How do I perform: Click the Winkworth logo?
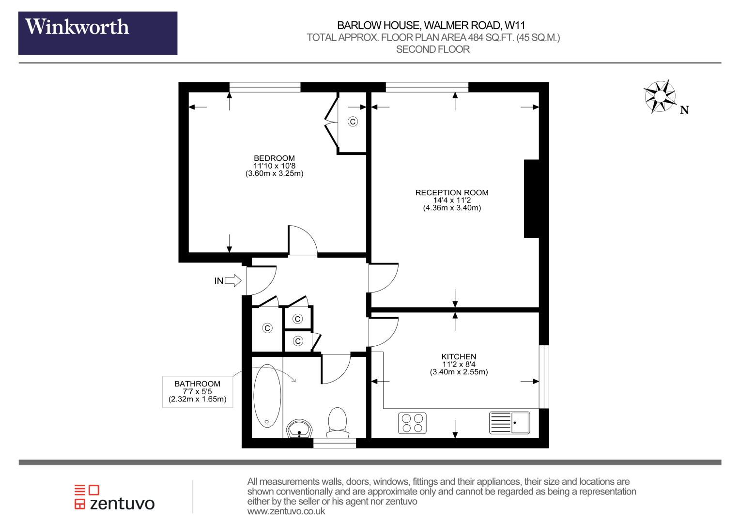[98, 33]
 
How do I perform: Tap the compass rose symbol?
[660, 96]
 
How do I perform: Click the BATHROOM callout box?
[198, 391]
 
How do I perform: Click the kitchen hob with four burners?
[412, 423]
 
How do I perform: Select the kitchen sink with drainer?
[509, 423]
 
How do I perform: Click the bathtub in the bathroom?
[267, 396]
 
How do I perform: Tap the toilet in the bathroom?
[337, 423]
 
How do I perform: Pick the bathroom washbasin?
[299, 429]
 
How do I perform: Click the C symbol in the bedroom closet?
[353, 122]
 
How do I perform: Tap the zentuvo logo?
[114, 497]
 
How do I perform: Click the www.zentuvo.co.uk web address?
[286, 511]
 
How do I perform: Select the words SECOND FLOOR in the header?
[433, 49]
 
